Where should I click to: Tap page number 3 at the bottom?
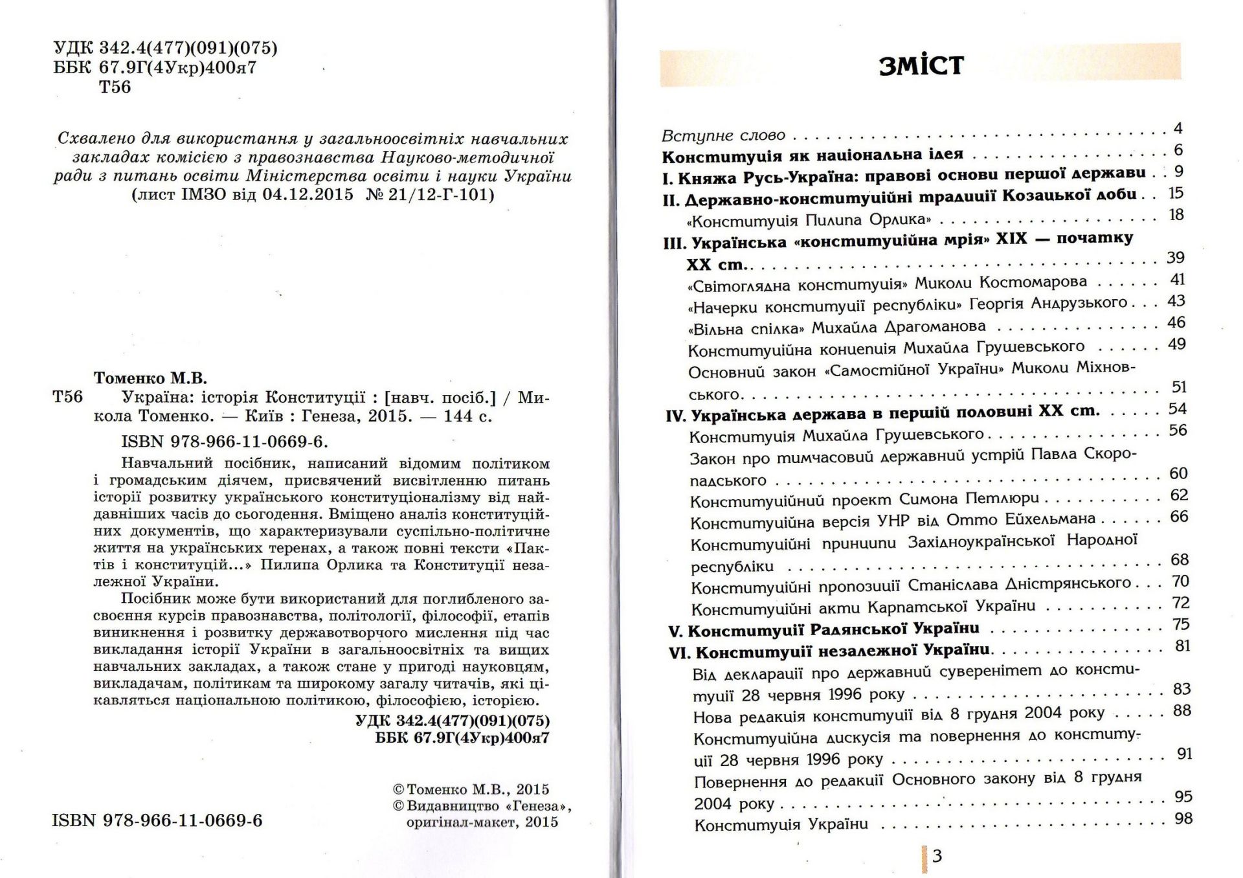(x=937, y=857)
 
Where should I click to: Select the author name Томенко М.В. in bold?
(x=150, y=377)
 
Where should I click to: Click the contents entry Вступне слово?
(x=723, y=136)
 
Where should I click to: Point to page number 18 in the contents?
(x=1176, y=215)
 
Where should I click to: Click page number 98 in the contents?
(x=1183, y=819)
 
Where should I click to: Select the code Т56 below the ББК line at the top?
(x=115, y=87)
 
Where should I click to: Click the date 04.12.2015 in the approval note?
(x=308, y=195)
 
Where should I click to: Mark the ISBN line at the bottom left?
(x=157, y=821)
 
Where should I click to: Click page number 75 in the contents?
(x=1181, y=625)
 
